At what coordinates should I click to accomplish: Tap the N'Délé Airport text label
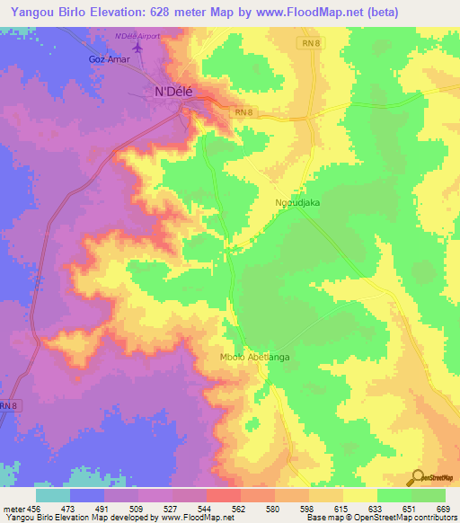[138, 36]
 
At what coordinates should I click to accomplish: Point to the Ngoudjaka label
[299, 203]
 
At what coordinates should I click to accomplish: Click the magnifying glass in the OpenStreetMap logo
[418, 478]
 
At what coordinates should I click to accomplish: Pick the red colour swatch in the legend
[223, 495]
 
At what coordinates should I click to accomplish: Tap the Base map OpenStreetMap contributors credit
[382, 519]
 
